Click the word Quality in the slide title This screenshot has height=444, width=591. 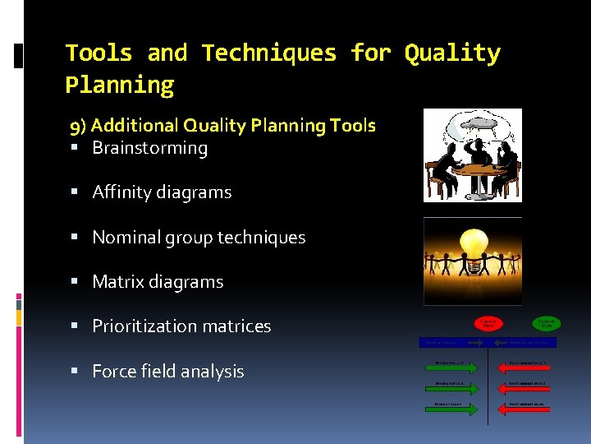point(452,53)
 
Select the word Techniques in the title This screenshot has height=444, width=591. point(269,53)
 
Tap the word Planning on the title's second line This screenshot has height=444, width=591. point(120,85)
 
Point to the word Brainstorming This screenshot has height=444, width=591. point(149,148)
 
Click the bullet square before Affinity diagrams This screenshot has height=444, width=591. point(74,192)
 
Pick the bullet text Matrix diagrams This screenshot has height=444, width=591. point(158,282)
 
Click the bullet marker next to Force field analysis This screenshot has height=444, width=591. point(74,372)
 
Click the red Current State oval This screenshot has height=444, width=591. point(488,324)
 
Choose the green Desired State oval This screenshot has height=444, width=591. point(547,324)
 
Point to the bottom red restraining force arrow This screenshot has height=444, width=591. point(525,405)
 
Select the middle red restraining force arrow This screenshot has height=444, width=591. point(525,384)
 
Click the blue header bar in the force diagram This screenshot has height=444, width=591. point(490,342)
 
